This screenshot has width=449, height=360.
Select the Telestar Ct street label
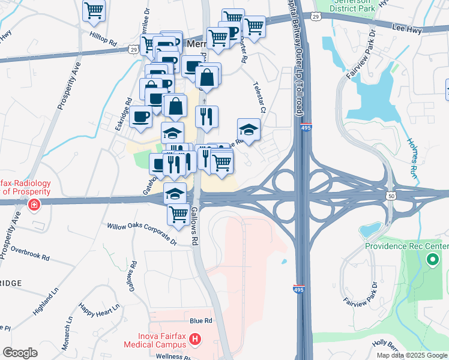point(259,98)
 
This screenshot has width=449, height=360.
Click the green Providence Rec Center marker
point(431,260)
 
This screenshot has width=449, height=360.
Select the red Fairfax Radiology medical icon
point(34,205)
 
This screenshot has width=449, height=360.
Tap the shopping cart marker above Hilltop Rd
point(94,10)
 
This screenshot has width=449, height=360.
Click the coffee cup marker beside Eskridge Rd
point(141,116)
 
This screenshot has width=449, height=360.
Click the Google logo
point(20,353)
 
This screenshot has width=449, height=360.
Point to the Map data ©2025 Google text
point(411,355)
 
